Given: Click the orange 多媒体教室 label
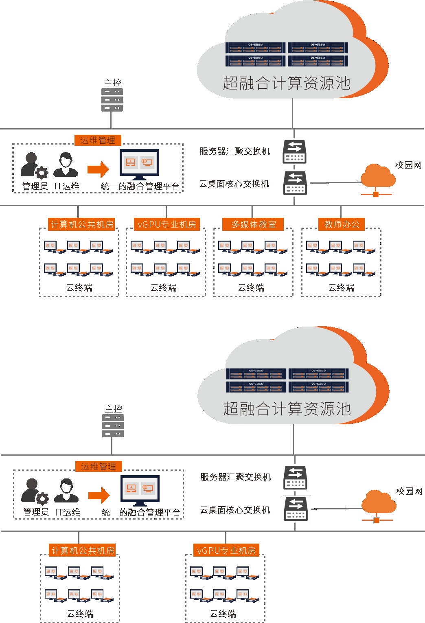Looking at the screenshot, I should (253, 224).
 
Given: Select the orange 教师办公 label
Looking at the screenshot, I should (342, 224).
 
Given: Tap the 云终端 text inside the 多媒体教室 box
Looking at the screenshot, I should (251, 288).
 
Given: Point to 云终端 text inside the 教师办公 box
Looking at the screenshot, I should (341, 288).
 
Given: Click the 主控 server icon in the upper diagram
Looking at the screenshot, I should (112, 100).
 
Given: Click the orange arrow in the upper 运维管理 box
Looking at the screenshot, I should (99, 169).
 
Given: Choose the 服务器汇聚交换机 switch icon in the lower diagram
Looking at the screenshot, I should (296, 478).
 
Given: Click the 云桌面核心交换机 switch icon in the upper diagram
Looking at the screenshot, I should (295, 183).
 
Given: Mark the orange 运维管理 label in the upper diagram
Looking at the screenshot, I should (98, 140).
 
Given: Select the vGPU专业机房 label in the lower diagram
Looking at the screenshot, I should (226, 551).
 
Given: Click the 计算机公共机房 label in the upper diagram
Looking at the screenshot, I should (82, 224).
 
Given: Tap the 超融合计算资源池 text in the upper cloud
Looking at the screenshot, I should (287, 83).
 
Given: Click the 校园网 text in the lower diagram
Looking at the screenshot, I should (409, 491).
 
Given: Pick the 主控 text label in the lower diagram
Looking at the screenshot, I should (113, 408).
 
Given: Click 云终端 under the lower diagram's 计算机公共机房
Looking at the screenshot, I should (80, 614).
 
